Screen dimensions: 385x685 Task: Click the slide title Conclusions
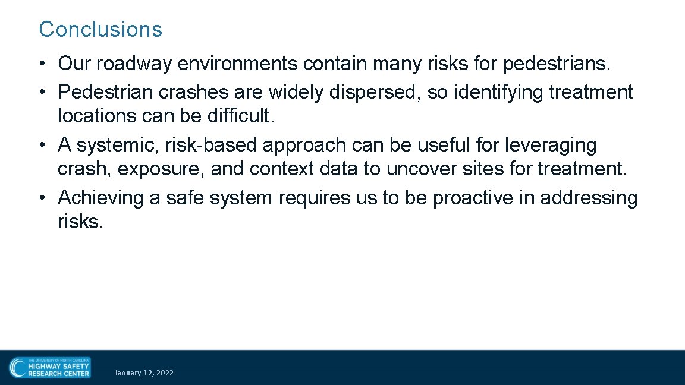(100, 29)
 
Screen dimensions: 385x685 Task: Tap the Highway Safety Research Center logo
(50, 367)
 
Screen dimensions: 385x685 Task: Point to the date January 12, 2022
(144, 373)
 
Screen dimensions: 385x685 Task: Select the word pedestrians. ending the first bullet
(558, 64)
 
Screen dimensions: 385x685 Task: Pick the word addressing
(589, 198)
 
